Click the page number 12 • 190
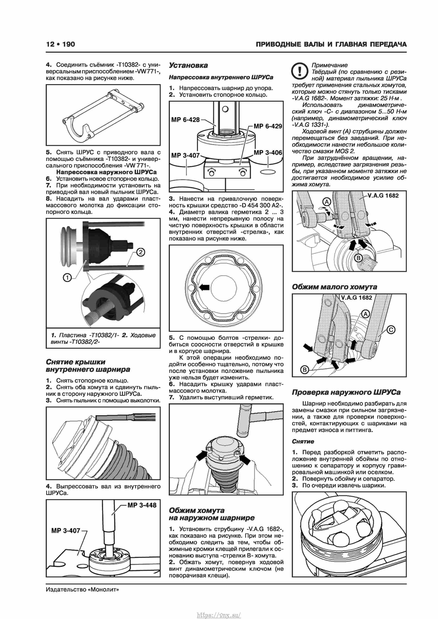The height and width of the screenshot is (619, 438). click(x=60, y=44)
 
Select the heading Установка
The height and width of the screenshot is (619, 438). click(x=188, y=65)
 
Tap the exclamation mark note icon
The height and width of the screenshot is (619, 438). click(x=299, y=71)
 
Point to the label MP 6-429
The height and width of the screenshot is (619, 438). click(x=268, y=126)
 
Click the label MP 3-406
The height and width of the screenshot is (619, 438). click(x=268, y=153)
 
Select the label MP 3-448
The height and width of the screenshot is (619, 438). click(x=142, y=505)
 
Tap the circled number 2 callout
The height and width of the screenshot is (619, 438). click(x=141, y=252)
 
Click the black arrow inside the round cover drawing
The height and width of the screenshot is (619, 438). click(x=204, y=287)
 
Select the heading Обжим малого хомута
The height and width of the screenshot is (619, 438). click(x=334, y=287)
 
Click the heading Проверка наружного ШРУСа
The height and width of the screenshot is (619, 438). click(x=346, y=392)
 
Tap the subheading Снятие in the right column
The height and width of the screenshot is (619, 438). click(x=303, y=441)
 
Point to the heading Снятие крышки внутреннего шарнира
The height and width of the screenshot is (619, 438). click(x=88, y=366)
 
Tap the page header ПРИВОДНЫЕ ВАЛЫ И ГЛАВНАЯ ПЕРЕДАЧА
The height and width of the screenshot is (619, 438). click(x=331, y=44)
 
